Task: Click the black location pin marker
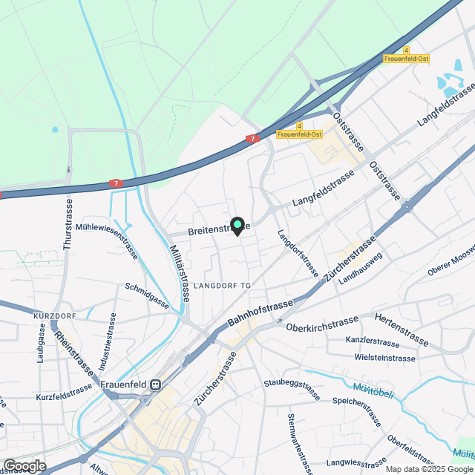pyautogui.click(x=237, y=226)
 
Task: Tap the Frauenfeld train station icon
pyautogui.click(x=155, y=384)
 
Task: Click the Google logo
pyautogui.click(x=24, y=465)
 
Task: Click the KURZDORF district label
pyautogui.click(x=54, y=316)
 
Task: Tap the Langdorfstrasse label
pyautogui.click(x=297, y=253)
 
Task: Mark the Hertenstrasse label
pyautogui.click(x=402, y=330)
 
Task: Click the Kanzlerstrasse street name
pyautogui.click(x=373, y=342)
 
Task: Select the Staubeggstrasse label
pyautogui.click(x=296, y=384)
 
